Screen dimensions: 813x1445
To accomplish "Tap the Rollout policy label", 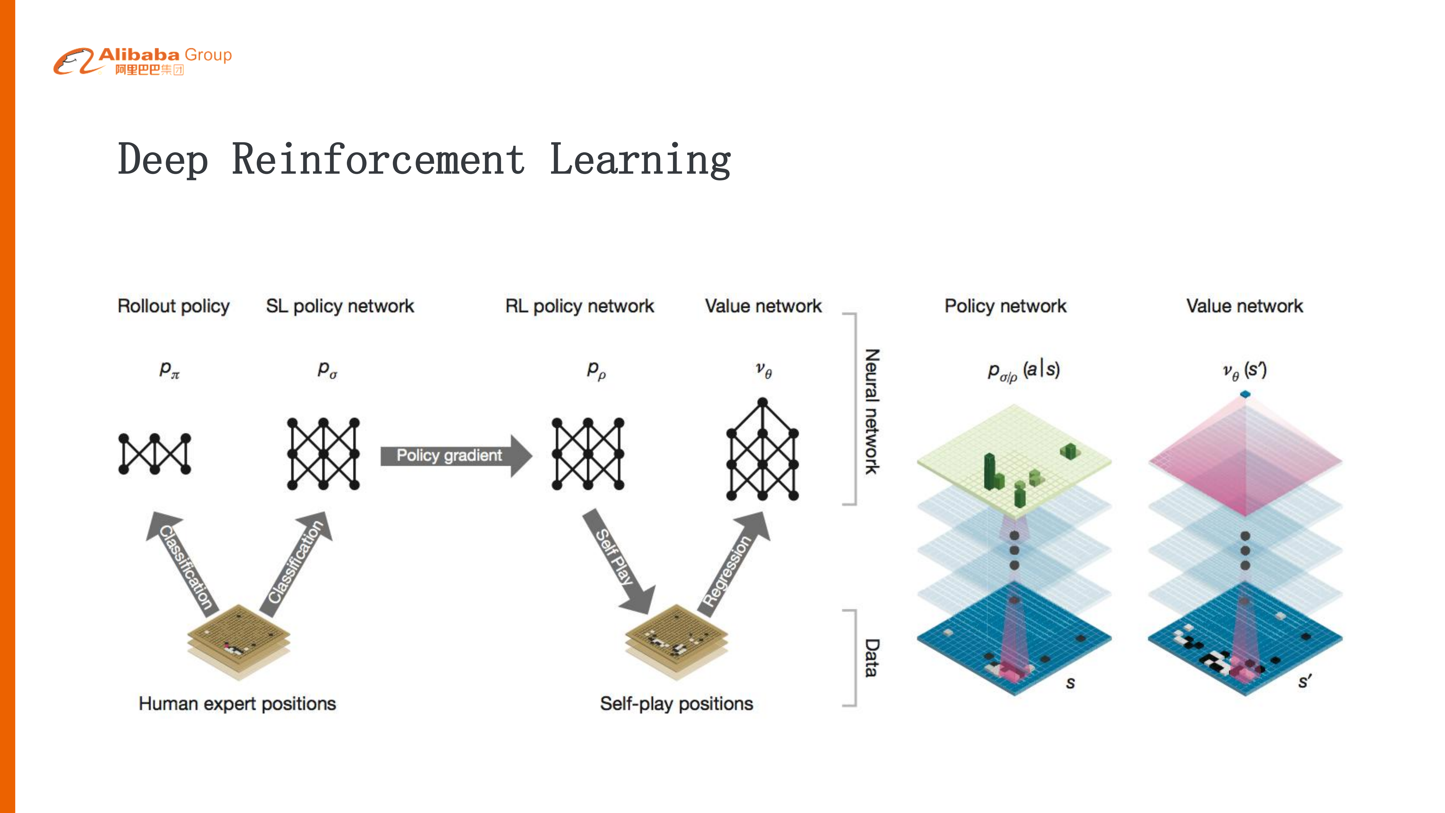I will coord(173,306).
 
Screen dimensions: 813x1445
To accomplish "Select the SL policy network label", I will coord(339,306).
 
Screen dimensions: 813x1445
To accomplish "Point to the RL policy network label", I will coord(580,306).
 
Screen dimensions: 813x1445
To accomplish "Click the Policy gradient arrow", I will coord(454,455).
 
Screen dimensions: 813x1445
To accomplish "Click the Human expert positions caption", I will coord(237,704).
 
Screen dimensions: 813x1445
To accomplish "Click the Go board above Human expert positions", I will coord(239,640).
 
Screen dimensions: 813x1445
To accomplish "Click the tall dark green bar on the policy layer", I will coord(990,471).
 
